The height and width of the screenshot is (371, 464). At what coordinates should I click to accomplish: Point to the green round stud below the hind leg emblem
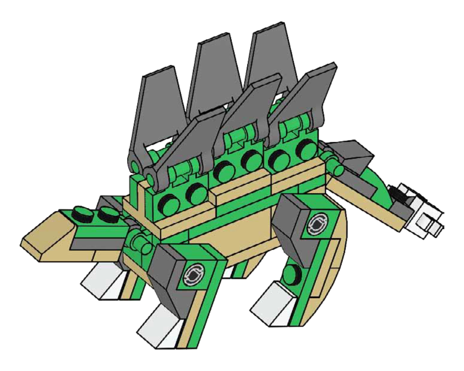point(293,271)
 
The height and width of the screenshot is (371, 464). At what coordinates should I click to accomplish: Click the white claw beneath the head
point(100,281)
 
